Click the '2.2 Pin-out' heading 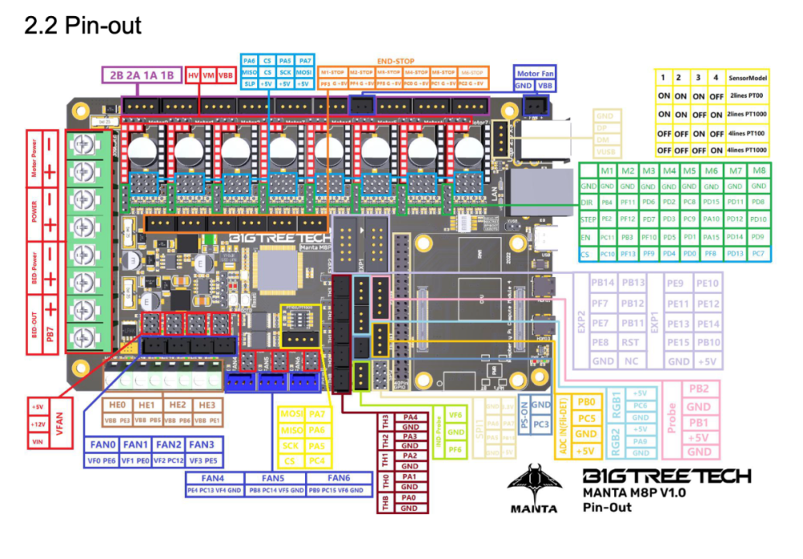(x=83, y=26)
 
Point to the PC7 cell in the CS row (x=758, y=254)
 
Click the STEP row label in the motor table (x=587, y=218)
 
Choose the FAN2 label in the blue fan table (x=168, y=444)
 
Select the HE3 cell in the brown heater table (x=207, y=405)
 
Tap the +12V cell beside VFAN (x=38, y=424)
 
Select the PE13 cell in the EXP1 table (x=679, y=324)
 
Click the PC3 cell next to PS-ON (x=541, y=422)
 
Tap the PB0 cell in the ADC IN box (x=586, y=402)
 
